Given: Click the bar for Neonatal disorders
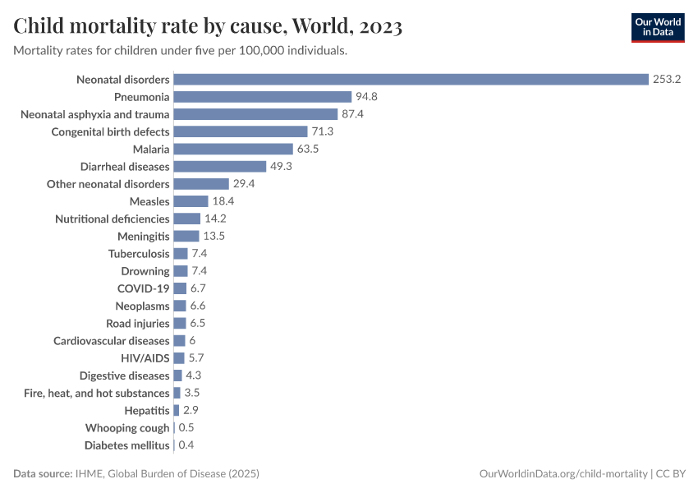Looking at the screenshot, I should click(411, 80).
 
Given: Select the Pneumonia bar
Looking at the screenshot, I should click(263, 97).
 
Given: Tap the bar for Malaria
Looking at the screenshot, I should click(233, 149).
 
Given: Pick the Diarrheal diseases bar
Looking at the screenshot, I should click(220, 166).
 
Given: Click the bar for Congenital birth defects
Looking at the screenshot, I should click(241, 131).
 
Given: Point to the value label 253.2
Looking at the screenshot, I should click(668, 80).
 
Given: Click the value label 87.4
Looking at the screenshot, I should click(352, 114).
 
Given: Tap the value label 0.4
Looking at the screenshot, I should click(186, 445).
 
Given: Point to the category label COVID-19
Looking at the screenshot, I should click(144, 288).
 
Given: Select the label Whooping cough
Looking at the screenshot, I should click(127, 428).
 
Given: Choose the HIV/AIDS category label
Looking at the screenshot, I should click(145, 358).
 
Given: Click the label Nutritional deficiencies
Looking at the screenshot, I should click(113, 219).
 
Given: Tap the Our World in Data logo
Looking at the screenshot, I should click(657, 27).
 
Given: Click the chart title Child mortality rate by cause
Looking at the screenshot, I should click(208, 27).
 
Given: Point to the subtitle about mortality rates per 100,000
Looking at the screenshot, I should click(180, 51).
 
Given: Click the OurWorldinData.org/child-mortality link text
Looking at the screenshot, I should click(564, 474).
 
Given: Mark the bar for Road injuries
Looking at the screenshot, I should click(180, 324).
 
